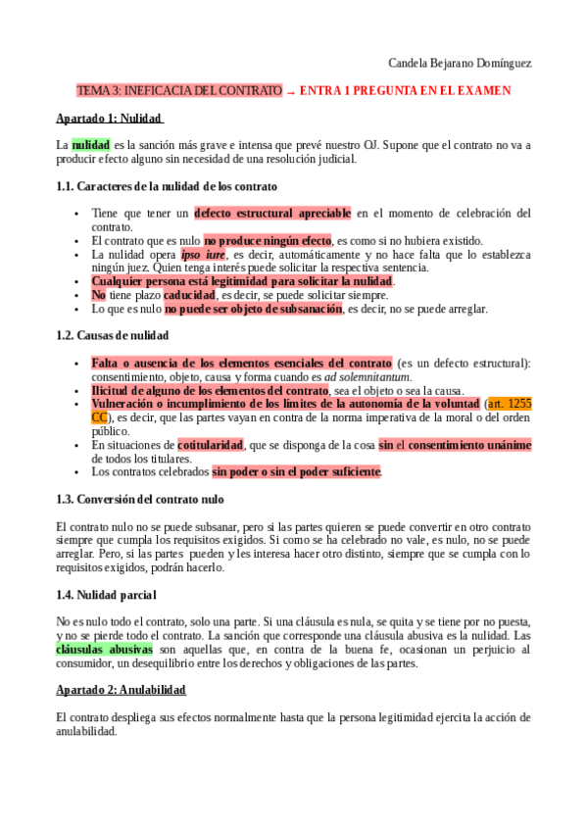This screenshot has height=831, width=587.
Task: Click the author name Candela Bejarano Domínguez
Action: (460, 64)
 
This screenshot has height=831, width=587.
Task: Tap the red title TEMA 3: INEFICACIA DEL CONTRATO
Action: (179, 91)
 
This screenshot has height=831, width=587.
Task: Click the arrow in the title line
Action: (291, 92)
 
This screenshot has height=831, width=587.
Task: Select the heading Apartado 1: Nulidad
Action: (109, 119)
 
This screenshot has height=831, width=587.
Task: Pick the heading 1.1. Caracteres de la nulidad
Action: (167, 186)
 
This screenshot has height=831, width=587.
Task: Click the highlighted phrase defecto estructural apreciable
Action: (272, 213)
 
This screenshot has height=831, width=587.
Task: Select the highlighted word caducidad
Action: (189, 295)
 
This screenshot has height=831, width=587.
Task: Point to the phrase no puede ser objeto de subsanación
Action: (253, 309)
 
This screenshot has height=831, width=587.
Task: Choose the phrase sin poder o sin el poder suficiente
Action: (297, 471)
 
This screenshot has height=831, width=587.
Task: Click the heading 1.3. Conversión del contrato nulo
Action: (140, 499)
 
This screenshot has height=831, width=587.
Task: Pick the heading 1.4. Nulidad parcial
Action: (106, 595)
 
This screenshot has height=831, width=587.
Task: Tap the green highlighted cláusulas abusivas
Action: (105, 649)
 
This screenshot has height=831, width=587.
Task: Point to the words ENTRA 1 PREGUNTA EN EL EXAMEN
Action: (405, 91)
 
